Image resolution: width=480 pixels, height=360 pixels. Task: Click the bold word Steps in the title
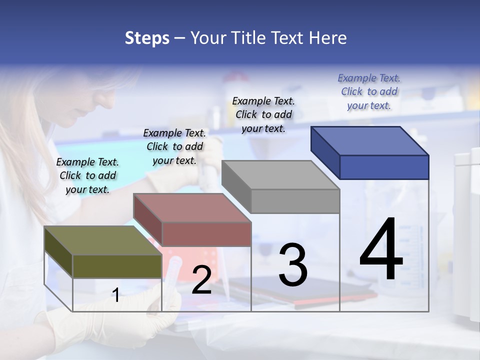click(x=147, y=38)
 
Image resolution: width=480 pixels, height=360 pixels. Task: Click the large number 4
click(x=381, y=249)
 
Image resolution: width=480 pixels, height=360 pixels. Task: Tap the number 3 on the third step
click(x=292, y=264)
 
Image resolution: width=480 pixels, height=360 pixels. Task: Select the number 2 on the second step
click(x=201, y=280)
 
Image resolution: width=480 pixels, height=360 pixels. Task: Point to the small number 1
click(x=115, y=295)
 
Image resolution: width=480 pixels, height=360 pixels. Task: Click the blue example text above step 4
click(x=369, y=92)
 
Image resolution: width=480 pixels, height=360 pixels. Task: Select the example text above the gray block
click(x=263, y=114)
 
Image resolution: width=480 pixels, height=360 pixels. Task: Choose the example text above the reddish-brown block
click(x=174, y=146)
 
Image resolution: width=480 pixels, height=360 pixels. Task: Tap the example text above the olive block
click(x=87, y=175)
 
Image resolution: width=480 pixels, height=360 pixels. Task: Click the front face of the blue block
click(x=384, y=167)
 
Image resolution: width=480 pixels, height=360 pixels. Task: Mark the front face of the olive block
click(x=117, y=266)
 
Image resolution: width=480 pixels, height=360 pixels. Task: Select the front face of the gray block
click(x=295, y=201)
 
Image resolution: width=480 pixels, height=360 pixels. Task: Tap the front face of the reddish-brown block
click(x=206, y=234)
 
